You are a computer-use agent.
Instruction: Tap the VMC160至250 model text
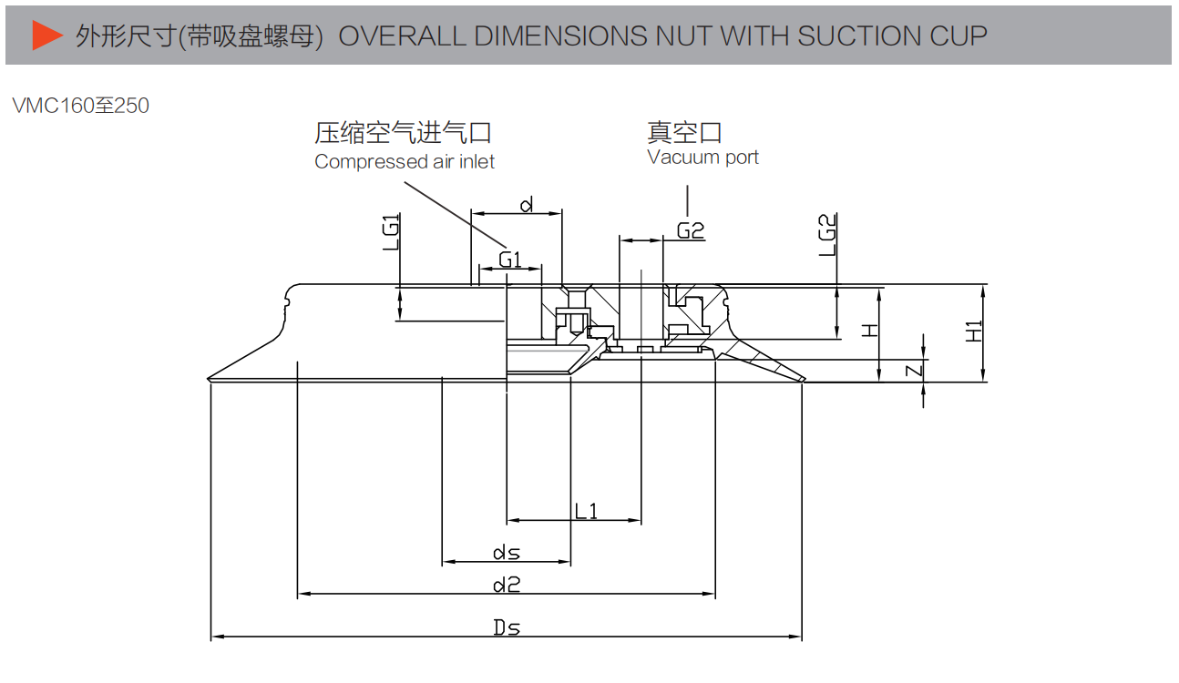[x=81, y=106]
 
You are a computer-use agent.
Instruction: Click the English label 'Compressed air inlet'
[x=405, y=162]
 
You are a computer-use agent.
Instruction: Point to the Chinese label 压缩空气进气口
[x=403, y=133]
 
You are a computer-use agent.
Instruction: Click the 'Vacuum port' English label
[x=702, y=158]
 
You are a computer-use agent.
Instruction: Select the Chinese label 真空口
[x=684, y=132]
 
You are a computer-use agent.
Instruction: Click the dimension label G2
[x=691, y=230]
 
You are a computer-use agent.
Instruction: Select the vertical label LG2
[x=827, y=235]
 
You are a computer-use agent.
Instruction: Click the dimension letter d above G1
[x=526, y=205]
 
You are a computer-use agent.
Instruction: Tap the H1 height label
[x=974, y=331]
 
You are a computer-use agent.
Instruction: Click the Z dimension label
[x=916, y=370]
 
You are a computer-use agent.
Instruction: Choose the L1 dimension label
[x=586, y=511]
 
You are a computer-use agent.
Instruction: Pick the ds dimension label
[x=507, y=553]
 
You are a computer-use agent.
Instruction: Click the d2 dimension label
[x=507, y=585]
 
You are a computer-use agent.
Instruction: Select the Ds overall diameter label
[x=507, y=627]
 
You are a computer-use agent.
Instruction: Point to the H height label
[x=871, y=330]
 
